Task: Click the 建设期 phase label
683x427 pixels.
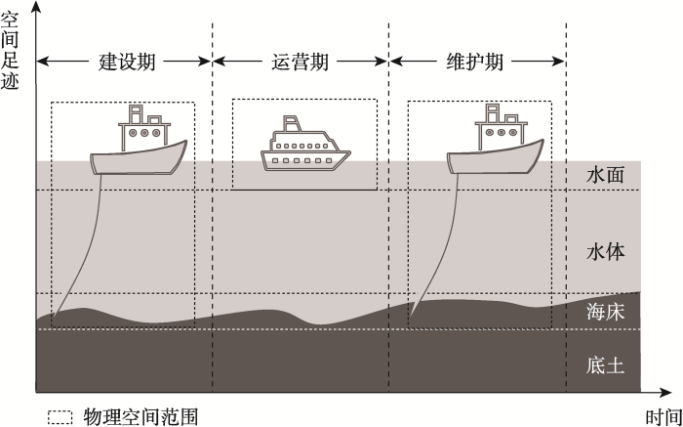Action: [127, 62]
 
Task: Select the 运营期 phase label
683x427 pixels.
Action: [301, 62]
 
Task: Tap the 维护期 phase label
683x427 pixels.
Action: [475, 62]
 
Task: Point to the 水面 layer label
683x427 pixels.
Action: [606, 175]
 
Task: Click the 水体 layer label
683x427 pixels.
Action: [606, 252]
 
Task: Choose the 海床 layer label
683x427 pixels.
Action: [606, 313]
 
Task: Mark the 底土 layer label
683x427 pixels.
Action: [606, 365]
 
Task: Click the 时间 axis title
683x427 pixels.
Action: [663, 417]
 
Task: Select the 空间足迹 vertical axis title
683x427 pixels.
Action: [10, 51]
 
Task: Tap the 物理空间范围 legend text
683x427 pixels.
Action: [141, 415]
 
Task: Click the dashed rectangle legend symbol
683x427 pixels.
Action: [60, 417]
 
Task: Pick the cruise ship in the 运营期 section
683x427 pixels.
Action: [305, 143]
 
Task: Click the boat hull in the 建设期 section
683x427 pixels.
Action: [139, 158]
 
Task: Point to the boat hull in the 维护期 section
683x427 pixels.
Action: [496, 158]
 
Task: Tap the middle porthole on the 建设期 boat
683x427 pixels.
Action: [144, 133]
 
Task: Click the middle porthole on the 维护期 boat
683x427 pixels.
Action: [502, 132]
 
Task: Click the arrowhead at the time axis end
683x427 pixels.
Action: [665, 393]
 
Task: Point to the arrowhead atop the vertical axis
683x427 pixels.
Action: [36, 8]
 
